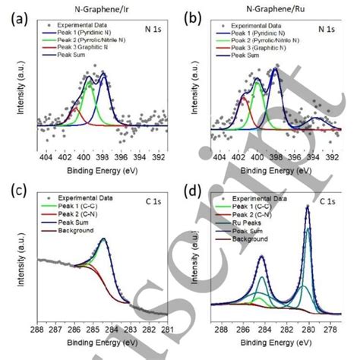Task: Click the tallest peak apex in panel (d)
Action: pos(308,206)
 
